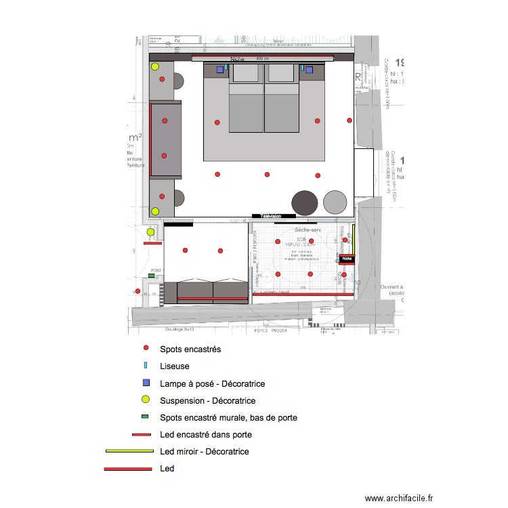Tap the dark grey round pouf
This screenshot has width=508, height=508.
coord(304,202)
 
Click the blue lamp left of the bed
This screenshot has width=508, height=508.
coord(220,69)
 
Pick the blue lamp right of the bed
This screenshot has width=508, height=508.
coord(309,69)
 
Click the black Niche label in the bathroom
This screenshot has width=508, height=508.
coord(347,258)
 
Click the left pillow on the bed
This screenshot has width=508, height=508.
coord(247,74)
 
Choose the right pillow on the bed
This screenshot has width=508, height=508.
coord(281,74)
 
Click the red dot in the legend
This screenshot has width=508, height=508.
coord(145,349)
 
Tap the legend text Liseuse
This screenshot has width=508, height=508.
coord(174,366)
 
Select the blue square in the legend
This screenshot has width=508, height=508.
coord(145,383)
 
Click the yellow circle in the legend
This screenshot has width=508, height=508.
coord(145,400)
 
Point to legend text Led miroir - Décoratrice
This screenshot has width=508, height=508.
coord(204,451)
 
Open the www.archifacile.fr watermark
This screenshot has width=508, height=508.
coord(398,498)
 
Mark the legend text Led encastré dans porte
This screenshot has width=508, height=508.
coord(206,434)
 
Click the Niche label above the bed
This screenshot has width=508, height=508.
coord(237,59)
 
